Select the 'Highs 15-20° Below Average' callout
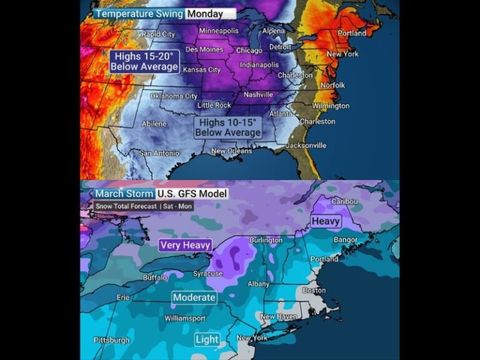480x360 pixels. [144, 61]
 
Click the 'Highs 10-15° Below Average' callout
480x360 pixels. [227, 128]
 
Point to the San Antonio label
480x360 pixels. [159, 153]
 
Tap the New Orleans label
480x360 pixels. [231, 151]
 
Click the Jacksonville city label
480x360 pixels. [306, 145]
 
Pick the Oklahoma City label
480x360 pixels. [174, 96]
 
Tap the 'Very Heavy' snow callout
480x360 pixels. [185, 245]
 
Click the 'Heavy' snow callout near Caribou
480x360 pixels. [326, 221]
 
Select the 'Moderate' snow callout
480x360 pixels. [194, 297]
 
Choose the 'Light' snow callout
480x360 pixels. [207, 339]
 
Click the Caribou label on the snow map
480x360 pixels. [345, 201]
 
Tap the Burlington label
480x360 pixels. [266, 240]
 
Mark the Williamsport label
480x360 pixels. [184, 318]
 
